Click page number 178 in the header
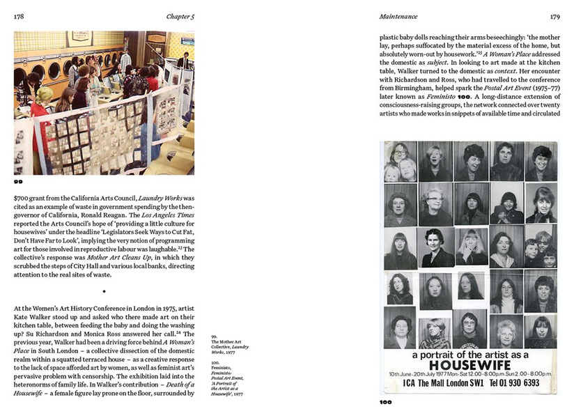(20, 16)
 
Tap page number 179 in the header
(554, 16)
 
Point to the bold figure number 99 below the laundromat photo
(18, 181)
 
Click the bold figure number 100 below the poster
(386, 402)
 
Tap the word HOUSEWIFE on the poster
(469, 366)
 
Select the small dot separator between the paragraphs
(104, 291)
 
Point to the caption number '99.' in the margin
(215, 336)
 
